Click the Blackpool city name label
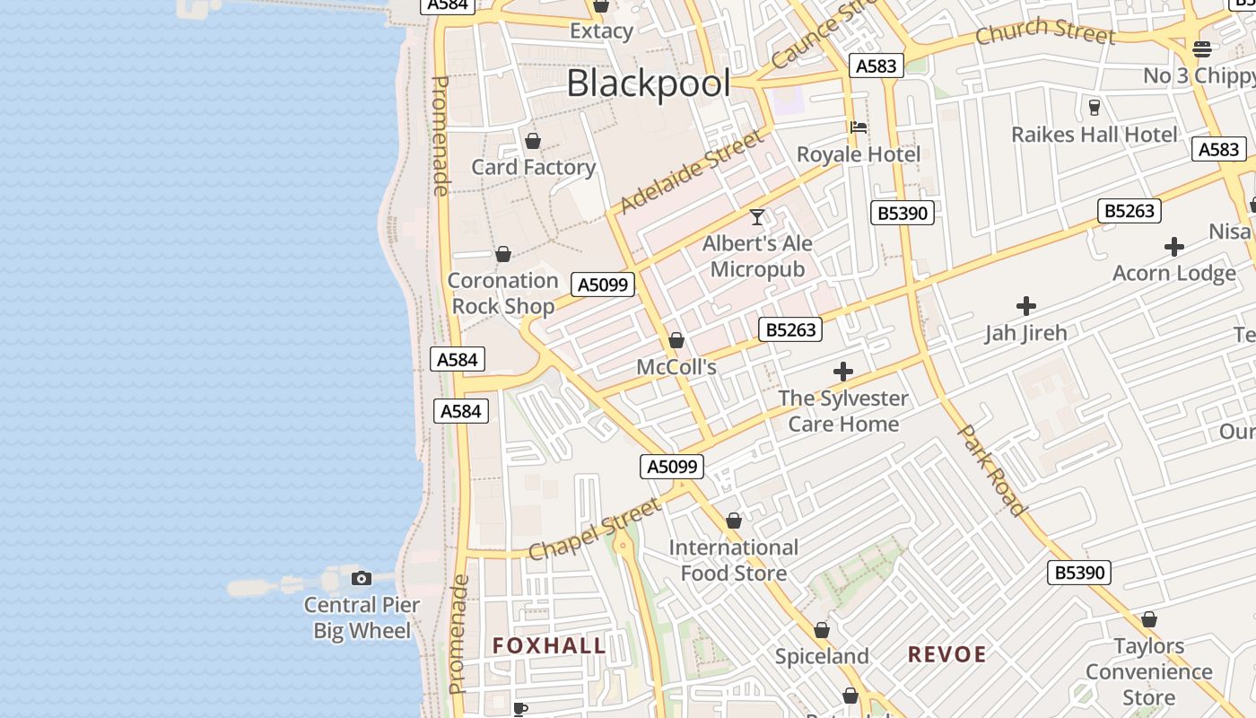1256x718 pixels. tap(648, 83)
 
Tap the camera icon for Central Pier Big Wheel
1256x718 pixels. tap(362, 578)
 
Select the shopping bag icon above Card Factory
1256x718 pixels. tap(533, 141)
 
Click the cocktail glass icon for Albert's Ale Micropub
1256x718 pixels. tap(757, 217)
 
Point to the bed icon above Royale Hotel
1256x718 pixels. tap(859, 127)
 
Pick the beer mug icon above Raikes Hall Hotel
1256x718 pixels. tap(1094, 108)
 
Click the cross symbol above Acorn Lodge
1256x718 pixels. tap(1173, 247)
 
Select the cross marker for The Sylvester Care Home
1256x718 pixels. tap(843, 372)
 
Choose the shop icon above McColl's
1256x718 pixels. tap(676, 340)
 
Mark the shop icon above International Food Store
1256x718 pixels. tap(733, 521)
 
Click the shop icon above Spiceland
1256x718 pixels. tap(822, 630)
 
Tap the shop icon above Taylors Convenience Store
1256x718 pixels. tap(1148, 619)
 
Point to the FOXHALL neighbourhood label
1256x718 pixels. tap(549, 645)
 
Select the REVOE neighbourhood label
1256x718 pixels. tap(946, 654)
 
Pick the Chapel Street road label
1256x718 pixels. tap(595, 530)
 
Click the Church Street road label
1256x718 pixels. tap(1044, 32)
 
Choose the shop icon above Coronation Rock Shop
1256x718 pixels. tap(503, 254)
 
